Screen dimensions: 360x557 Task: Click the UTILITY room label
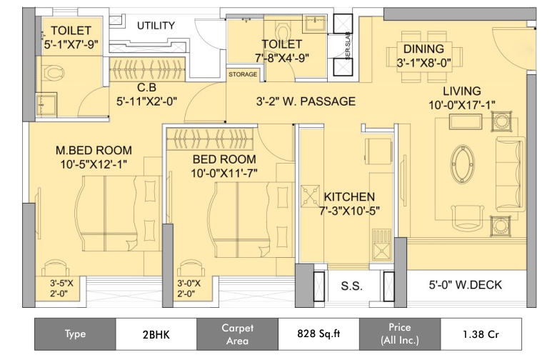coord(156,26)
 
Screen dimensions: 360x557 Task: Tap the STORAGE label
coord(243,74)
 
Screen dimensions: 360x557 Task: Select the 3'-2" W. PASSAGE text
coord(306,101)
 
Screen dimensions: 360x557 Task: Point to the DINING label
coord(423,49)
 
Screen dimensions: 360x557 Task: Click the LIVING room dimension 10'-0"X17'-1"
coord(461,105)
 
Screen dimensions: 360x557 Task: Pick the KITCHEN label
coord(349,196)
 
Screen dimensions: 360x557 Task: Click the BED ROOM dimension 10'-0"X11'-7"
coord(224,172)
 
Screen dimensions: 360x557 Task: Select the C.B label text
coord(148,88)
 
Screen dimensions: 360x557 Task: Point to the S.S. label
coord(352,286)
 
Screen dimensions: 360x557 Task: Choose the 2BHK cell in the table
coord(156,334)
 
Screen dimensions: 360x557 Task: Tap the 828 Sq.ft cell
coord(319,334)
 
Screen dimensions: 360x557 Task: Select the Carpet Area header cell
coord(237,334)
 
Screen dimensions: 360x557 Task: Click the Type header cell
coord(75,334)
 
